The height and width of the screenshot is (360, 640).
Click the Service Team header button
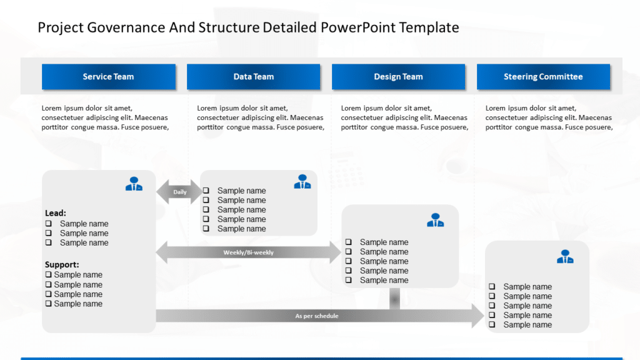coord(108,77)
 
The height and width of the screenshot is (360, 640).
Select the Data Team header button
coord(253,77)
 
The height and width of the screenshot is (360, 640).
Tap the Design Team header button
coord(398,77)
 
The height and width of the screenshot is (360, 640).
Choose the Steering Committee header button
coord(543,77)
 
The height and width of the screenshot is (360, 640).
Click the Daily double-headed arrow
coord(179,192)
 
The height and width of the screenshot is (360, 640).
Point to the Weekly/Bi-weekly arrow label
coord(248,252)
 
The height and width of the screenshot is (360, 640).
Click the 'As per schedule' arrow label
coord(317,316)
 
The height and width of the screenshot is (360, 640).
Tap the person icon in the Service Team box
coord(134,184)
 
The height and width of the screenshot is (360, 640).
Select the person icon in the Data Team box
coord(302,182)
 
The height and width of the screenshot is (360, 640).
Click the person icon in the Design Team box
coord(436,220)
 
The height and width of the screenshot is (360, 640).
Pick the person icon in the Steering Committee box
coord(565,256)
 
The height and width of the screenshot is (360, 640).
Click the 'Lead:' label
coord(56,213)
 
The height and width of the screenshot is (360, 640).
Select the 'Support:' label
coord(62,264)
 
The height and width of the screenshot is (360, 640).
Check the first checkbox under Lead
coord(48,224)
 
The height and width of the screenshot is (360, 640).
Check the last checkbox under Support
coord(48,304)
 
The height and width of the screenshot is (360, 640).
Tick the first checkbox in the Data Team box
coord(206,191)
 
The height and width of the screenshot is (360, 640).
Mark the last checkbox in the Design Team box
coord(348,280)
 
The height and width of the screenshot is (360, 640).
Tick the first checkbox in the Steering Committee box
coord(492,287)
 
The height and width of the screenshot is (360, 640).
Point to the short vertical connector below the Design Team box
coord(394,298)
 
